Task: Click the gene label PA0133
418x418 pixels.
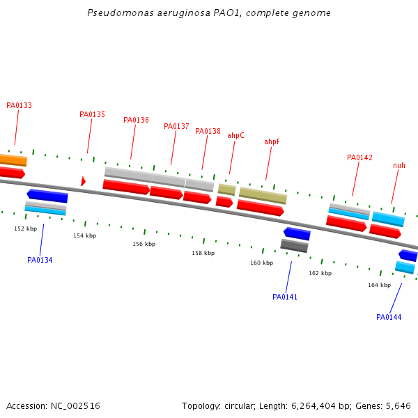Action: tap(19, 106)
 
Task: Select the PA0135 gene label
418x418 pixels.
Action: tap(92, 114)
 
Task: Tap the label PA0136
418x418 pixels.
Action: tap(136, 120)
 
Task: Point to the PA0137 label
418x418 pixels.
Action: tap(176, 126)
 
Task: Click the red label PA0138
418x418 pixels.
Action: tap(208, 131)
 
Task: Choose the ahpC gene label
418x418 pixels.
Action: tap(235, 135)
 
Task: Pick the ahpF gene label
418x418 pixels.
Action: tap(272, 141)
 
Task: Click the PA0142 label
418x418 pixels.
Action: tap(359, 157)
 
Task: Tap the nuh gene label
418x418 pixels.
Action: tap(398, 165)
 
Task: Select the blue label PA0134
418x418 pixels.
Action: tap(40, 260)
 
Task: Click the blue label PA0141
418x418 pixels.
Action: tap(285, 297)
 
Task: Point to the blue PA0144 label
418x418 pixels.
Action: tap(389, 317)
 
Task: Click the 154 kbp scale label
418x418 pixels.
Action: tap(85, 235)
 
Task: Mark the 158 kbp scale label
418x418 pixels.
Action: tap(203, 253)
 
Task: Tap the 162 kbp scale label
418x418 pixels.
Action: tap(320, 273)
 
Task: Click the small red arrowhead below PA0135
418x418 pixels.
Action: tap(83, 181)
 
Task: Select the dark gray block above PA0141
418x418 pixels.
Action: tap(294, 245)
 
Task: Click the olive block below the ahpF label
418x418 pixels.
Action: tap(263, 195)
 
